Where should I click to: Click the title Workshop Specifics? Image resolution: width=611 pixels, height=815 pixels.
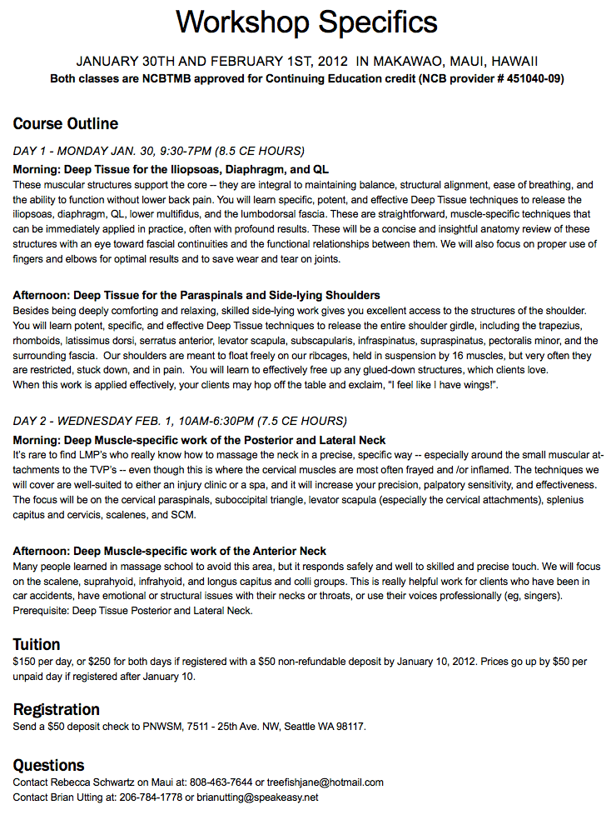click(x=306, y=22)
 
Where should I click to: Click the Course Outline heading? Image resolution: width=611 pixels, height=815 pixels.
click(x=66, y=124)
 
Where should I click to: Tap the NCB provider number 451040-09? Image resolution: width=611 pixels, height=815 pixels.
click(x=533, y=79)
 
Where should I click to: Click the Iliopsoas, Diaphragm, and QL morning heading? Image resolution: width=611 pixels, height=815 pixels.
click(x=171, y=169)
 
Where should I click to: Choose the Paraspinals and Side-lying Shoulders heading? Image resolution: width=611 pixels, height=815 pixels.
click(x=196, y=295)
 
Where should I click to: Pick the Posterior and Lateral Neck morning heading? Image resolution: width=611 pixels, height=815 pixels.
click(x=200, y=439)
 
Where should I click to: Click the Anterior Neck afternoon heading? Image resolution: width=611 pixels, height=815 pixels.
click(x=170, y=551)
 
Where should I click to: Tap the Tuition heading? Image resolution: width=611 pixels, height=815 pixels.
click(x=37, y=644)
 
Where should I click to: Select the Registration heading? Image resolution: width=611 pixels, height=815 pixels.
click(x=57, y=709)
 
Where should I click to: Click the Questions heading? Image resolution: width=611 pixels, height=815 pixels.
click(x=49, y=765)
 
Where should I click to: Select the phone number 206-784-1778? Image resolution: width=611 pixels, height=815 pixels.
click(x=153, y=797)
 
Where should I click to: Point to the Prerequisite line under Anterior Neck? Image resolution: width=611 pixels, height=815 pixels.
click(x=132, y=611)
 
